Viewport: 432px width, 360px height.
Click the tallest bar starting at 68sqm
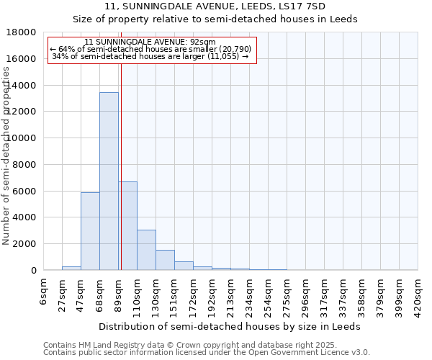109,181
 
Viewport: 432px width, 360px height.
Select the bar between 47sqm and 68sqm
90,231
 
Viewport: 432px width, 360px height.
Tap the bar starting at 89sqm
128,226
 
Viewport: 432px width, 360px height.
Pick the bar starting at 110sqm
146,250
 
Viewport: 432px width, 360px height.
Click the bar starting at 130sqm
165,260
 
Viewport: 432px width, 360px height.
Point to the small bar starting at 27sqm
71,268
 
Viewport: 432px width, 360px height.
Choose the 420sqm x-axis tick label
418,295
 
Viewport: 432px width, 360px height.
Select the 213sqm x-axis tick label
231,295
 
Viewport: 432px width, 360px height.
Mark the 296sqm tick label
306,295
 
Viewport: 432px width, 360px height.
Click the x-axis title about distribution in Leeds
230,326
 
